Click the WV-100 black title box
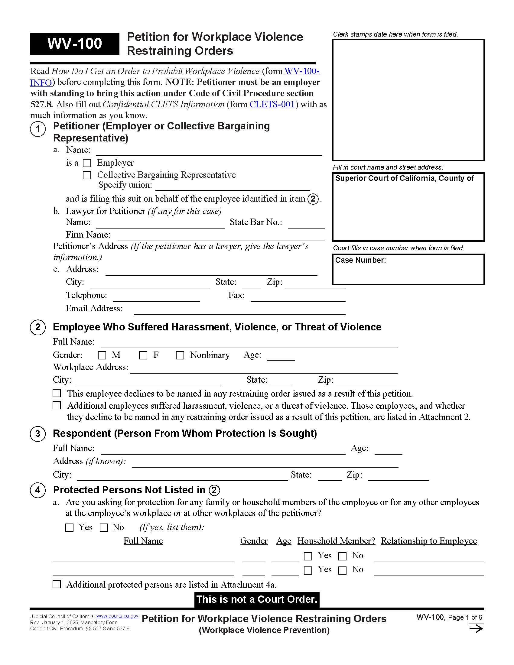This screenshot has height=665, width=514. coord(75,44)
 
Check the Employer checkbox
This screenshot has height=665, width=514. coord(87,163)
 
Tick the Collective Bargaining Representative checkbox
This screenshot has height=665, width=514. coord(87,175)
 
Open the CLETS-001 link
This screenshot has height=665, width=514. coord(272,105)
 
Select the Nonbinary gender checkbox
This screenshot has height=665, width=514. coord(180,355)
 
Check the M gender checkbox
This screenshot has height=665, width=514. coord(102,355)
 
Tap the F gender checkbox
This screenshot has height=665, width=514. coord(143,355)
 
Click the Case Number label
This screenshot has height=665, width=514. coord(360,260)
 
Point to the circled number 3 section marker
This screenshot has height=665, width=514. coord(38,433)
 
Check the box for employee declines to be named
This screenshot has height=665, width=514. coord(57,393)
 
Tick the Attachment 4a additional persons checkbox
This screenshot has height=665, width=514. coord(57,584)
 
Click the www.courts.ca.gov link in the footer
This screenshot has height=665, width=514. coord(117,616)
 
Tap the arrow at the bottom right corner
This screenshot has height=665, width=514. coord(476,628)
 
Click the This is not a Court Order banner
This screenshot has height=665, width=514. coord(257,599)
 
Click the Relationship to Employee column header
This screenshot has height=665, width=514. coord(429,541)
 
